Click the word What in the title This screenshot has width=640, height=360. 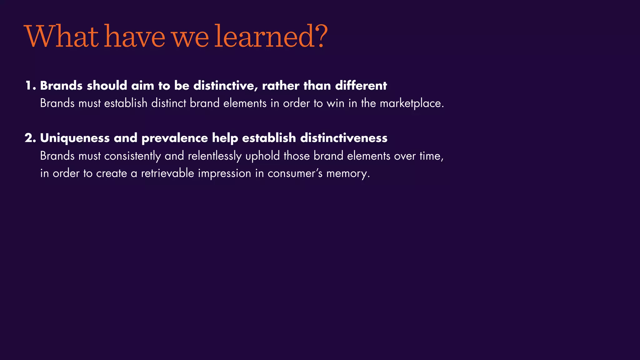click(61, 37)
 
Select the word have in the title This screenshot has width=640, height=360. click(134, 37)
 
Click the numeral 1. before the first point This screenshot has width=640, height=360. click(31, 86)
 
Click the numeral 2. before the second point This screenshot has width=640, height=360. click(31, 138)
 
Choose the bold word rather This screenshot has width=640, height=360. click(281, 86)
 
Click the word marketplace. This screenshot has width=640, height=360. click(412, 103)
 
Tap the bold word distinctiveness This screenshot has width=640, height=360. click(344, 138)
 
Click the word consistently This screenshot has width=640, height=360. click(132, 156)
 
